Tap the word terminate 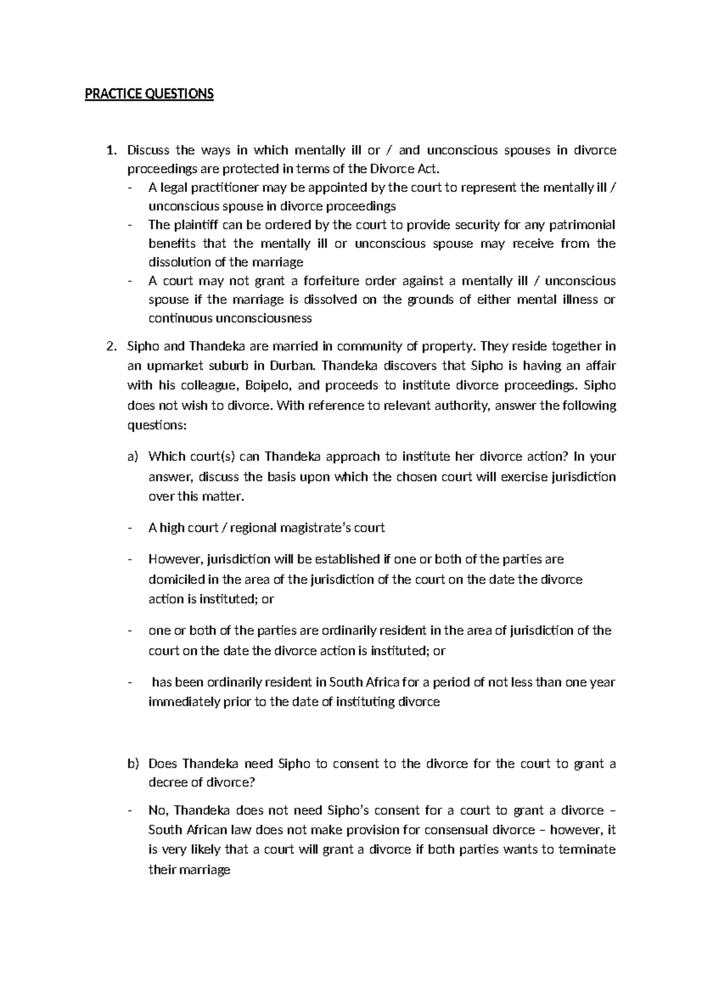coord(587,849)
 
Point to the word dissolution coord(177,262)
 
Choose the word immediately coord(184,701)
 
